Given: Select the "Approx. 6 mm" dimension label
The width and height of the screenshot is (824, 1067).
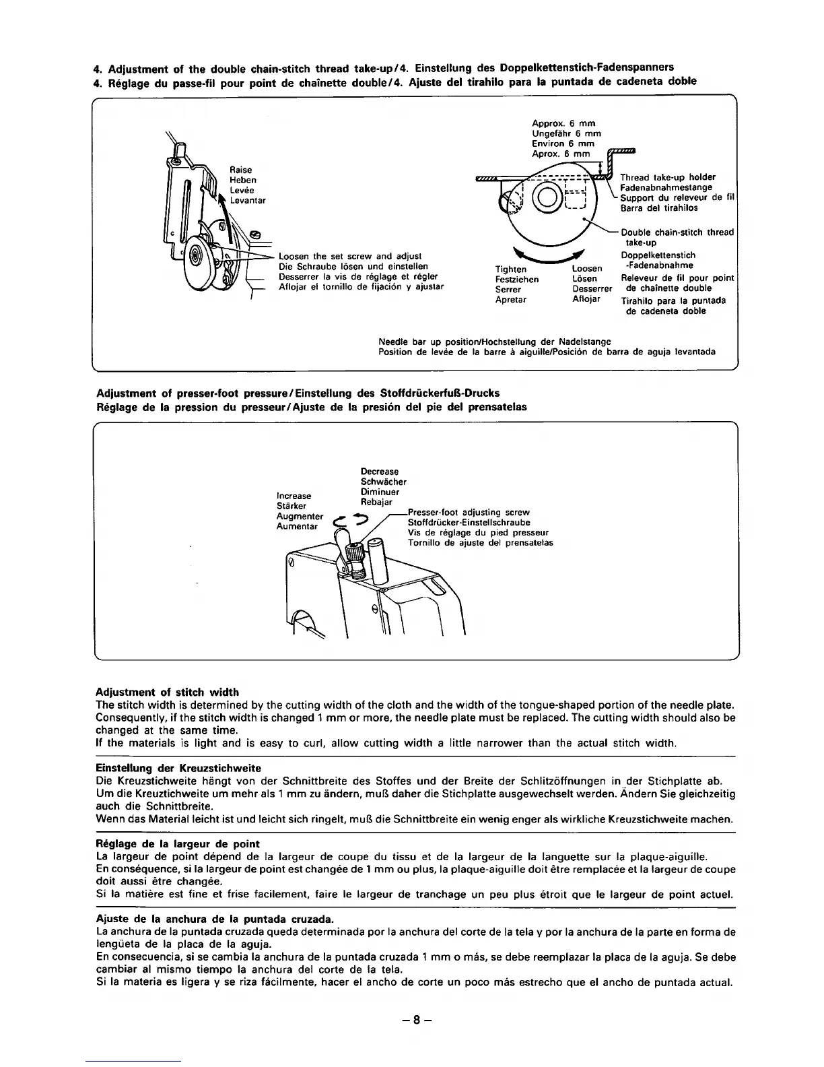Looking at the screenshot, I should coord(563,123).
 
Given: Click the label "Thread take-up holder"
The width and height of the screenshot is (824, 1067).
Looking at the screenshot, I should coord(667,177).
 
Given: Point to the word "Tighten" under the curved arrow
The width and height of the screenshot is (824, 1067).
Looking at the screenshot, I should coord(511,269).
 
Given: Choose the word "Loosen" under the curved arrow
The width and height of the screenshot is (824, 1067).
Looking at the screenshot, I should coord(586,269).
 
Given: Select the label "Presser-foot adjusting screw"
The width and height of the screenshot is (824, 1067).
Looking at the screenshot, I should coord(469,513).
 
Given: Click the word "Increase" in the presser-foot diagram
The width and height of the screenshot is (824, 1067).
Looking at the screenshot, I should coord(294,496).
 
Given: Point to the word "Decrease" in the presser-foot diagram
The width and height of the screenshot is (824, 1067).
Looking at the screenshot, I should coord(380,472).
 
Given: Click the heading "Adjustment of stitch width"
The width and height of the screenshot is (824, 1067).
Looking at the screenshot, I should coord(168,692).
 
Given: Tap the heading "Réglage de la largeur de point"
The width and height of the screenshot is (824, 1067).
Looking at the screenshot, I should coord(178,844).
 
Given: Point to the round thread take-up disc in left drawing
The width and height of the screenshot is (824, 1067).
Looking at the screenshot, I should coord(196,257).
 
